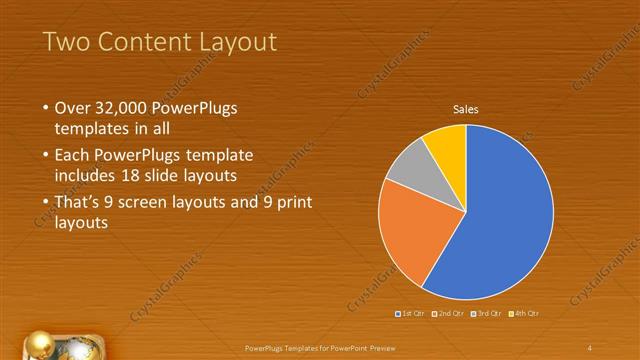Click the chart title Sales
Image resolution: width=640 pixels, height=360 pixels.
click(x=466, y=108)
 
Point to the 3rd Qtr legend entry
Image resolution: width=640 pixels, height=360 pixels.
click(x=487, y=314)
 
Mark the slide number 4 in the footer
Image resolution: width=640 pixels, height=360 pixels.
click(x=590, y=347)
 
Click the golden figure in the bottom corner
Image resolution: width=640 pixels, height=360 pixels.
click(x=41, y=344)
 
